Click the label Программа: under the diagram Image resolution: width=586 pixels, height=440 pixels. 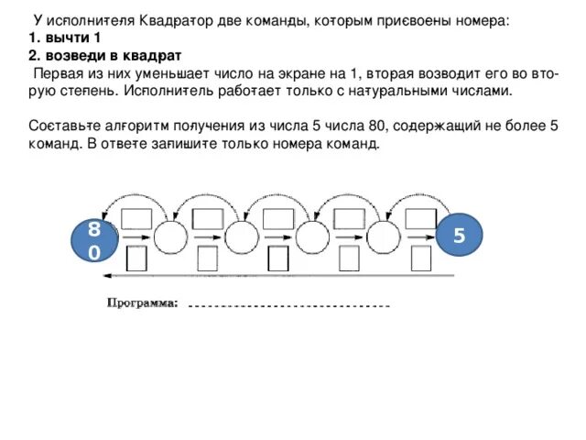(x=144, y=303)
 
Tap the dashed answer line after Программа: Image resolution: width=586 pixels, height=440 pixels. (x=288, y=305)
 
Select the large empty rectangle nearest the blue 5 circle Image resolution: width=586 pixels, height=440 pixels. (x=421, y=217)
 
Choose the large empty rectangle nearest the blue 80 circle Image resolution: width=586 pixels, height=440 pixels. (x=136, y=217)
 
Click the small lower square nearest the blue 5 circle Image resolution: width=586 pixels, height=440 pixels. (x=420, y=258)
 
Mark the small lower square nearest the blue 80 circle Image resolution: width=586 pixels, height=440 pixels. (x=137, y=258)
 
